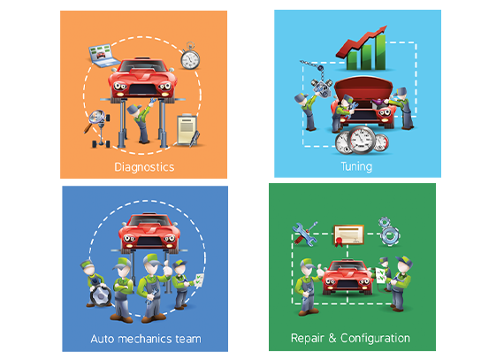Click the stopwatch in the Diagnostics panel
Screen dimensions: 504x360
(x=190, y=57)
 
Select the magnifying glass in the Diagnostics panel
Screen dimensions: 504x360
(x=95, y=119)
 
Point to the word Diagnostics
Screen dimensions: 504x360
(x=144, y=167)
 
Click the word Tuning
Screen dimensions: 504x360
(x=356, y=166)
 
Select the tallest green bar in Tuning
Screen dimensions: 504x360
(x=380, y=52)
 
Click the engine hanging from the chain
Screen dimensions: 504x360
(x=321, y=87)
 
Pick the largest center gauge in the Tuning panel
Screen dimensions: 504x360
(x=362, y=140)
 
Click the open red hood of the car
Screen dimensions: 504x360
(x=363, y=88)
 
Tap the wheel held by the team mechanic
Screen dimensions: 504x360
(x=101, y=295)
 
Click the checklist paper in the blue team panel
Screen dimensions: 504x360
(x=199, y=280)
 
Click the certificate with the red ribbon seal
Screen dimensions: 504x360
(x=348, y=235)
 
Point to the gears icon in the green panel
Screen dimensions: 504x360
(x=388, y=231)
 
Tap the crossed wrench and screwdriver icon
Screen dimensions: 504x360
(x=304, y=234)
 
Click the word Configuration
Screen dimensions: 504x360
(x=375, y=339)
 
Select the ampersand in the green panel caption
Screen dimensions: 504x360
(x=332, y=338)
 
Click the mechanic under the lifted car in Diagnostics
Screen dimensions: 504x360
(x=141, y=122)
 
